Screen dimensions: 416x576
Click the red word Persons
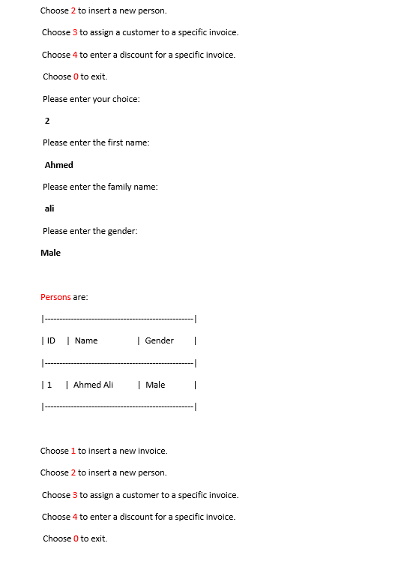55,297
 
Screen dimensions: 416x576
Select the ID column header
51,340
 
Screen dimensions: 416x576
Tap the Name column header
86,340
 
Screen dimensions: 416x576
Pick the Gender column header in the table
159,340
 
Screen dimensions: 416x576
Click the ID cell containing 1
49,385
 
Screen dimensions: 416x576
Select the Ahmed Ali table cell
93,385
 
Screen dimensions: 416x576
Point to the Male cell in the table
155,385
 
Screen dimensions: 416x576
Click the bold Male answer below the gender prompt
50,253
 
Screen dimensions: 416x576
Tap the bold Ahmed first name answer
58,165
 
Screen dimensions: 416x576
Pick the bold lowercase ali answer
49,208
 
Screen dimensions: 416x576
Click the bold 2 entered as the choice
47,121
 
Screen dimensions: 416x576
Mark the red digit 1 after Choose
73,451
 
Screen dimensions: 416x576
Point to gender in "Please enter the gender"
122,231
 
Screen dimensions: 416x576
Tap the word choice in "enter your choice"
125,99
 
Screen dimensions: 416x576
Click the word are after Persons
80,297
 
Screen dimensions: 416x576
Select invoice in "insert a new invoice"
152,451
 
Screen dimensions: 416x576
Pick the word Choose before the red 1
54,451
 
